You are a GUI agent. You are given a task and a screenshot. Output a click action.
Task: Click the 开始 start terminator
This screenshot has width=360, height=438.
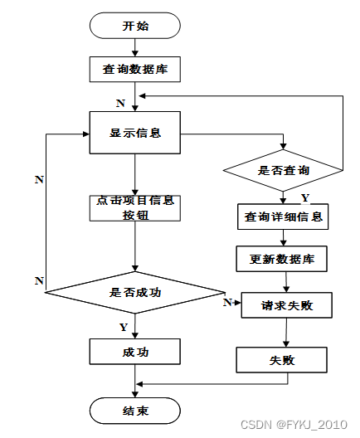click(135, 26)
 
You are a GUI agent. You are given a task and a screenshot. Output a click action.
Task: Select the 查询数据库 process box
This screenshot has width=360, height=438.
click(135, 70)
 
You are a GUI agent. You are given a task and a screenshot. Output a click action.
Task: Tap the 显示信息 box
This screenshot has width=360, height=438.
click(135, 133)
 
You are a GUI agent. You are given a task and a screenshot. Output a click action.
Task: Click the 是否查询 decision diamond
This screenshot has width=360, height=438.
click(283, 170)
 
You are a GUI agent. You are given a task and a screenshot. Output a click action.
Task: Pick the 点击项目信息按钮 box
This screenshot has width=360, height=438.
click(135, 208)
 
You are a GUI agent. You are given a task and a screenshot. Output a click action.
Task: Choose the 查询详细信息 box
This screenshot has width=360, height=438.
click(283, 217)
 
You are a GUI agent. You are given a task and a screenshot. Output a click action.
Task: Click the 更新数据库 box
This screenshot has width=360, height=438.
click(281, 259)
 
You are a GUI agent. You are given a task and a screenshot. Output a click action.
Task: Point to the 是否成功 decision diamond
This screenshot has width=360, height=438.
click(135, 293)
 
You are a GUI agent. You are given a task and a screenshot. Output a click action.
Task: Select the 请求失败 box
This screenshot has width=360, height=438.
click(287, 305)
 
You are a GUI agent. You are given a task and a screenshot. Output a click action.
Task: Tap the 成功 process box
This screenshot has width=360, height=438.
click(135, 352)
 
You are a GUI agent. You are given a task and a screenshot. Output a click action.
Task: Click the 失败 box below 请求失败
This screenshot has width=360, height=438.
click(281, 360)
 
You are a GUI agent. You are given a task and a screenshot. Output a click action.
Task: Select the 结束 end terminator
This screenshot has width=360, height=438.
click(135, 411)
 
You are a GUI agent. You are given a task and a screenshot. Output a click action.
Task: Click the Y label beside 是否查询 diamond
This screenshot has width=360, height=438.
click(305, 197)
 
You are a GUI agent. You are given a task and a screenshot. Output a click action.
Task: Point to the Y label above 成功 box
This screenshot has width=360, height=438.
click(124, 327)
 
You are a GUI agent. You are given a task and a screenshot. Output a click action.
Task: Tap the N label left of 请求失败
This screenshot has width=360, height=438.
click(227, 302)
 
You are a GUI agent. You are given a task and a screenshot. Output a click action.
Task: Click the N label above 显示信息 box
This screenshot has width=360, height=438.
click(120, 104)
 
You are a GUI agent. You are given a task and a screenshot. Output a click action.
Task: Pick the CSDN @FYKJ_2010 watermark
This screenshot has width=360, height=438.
click(294, 425)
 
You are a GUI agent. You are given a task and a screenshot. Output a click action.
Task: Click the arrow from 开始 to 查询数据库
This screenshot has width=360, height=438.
click(135, 47)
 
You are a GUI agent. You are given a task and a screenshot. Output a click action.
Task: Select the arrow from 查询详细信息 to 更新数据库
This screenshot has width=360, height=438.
click(283, 238)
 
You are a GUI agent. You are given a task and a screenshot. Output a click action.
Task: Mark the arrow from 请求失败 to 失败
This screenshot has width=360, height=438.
click(286, 333)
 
